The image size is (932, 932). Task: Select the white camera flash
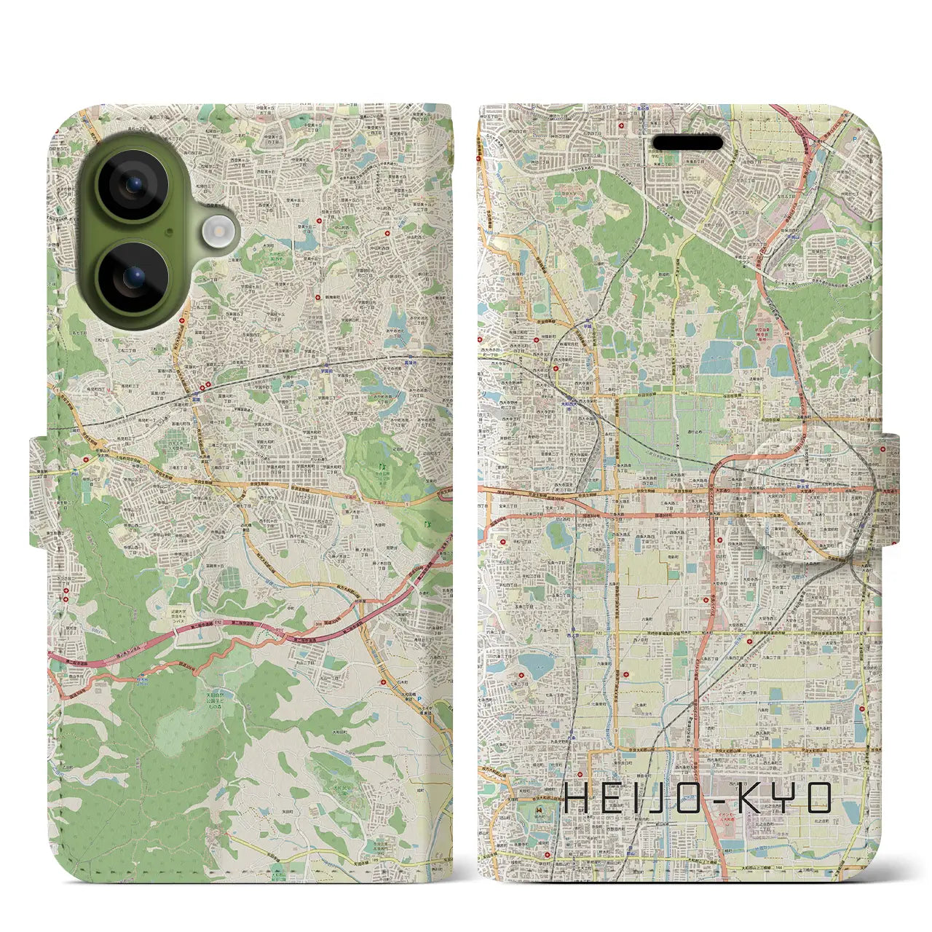[x=218, y=232]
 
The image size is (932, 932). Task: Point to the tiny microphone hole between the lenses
[x=169, y=232]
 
